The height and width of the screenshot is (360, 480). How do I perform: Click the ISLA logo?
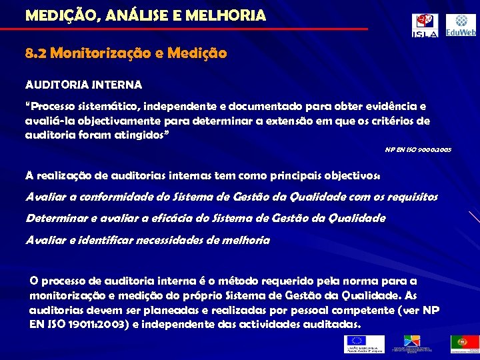click(x=425, y=25)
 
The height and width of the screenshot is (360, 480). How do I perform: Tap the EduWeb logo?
click(x=461, y=25)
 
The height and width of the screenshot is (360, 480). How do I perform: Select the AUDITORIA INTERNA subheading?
click(x=83, y=85)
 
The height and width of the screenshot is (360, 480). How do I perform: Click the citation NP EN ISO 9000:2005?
click(x=418, y=150)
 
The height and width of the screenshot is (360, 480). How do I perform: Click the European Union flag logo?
click(x=364, y=343)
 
